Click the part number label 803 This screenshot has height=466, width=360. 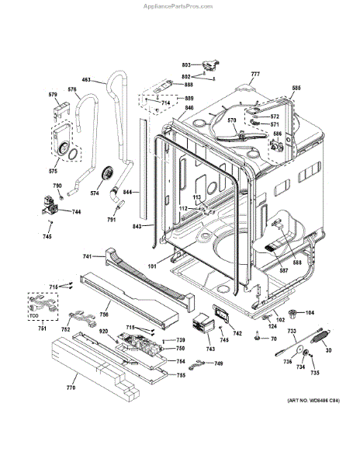pyautogui.click(x=185, y=66)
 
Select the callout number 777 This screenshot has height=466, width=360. pyautogui.click(x=255, y=75)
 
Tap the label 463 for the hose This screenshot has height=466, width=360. pyautogui.click(x=86, y=79)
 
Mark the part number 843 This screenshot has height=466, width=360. pyautogui.click(x=137, y=227)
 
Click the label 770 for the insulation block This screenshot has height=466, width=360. pyautogui.click(x=71, y=387)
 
